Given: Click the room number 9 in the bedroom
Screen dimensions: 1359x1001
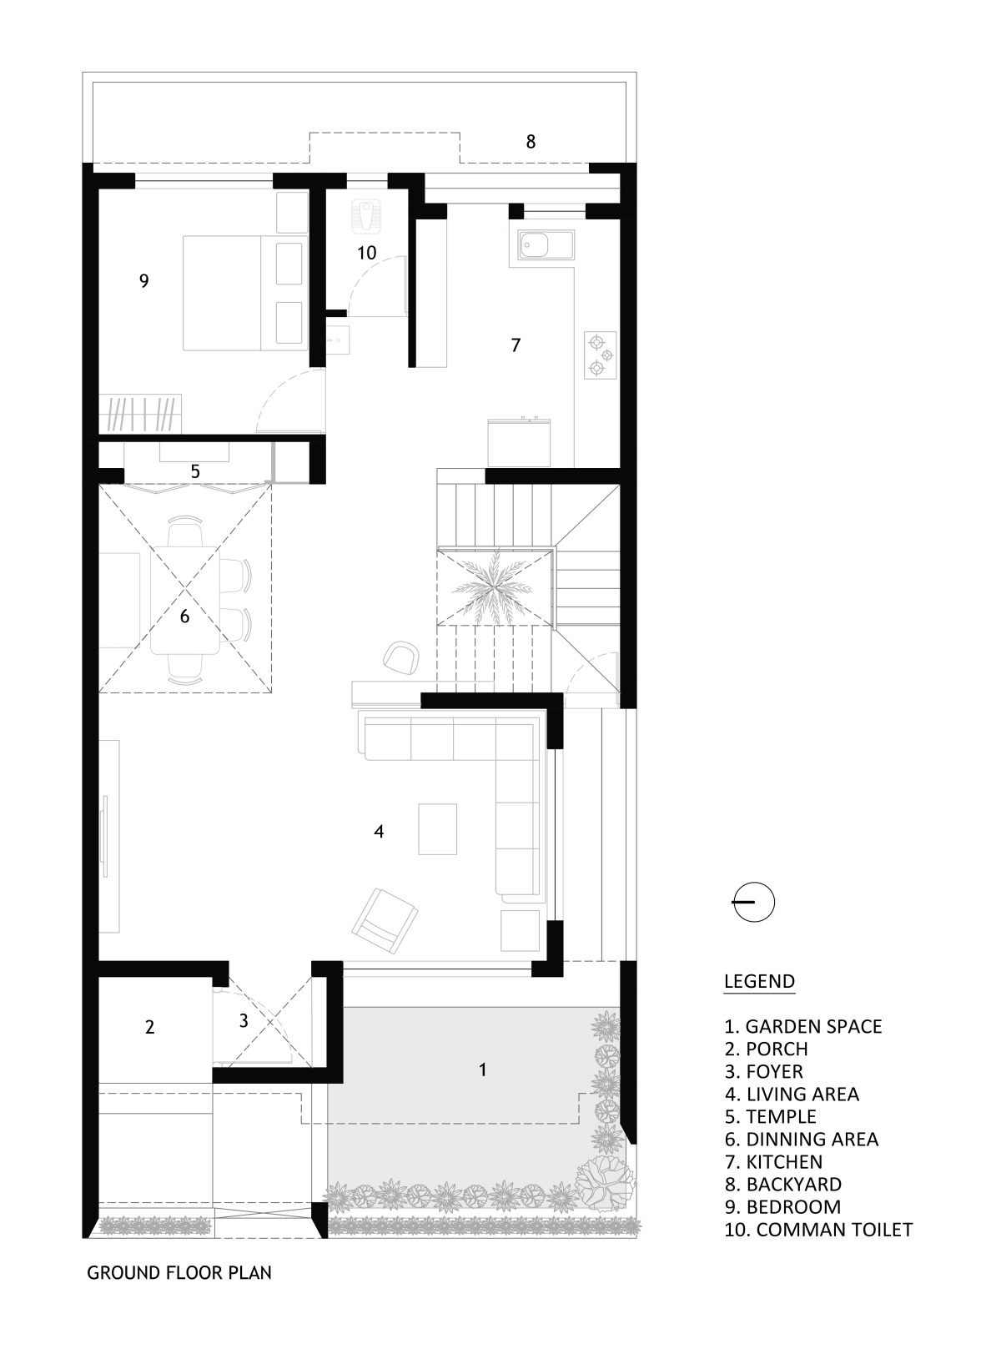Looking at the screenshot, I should coord(144,281).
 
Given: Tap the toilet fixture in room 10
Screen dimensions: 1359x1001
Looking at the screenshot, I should coord(365,214).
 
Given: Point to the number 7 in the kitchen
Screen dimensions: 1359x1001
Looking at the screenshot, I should coord(516,345).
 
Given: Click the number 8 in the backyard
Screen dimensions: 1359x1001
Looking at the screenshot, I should coord(531,142).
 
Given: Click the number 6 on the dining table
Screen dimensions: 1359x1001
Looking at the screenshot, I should coord(185,617).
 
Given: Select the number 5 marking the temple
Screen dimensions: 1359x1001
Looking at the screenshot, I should coord(195,471).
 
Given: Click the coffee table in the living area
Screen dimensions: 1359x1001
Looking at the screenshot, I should coord(438,828).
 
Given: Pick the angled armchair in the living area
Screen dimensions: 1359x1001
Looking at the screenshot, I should coord(385,921).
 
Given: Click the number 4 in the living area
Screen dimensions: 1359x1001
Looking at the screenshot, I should coord(379,832).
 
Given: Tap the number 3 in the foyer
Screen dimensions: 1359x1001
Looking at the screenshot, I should coord(244,1020).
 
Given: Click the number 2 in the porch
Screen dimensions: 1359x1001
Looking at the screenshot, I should coord(150,1027).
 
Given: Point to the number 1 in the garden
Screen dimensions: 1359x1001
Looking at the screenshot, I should coord(482,1069).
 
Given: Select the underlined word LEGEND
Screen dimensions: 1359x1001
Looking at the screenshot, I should coord(759,981).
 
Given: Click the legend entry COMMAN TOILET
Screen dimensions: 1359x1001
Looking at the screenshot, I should coord(817,1229).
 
